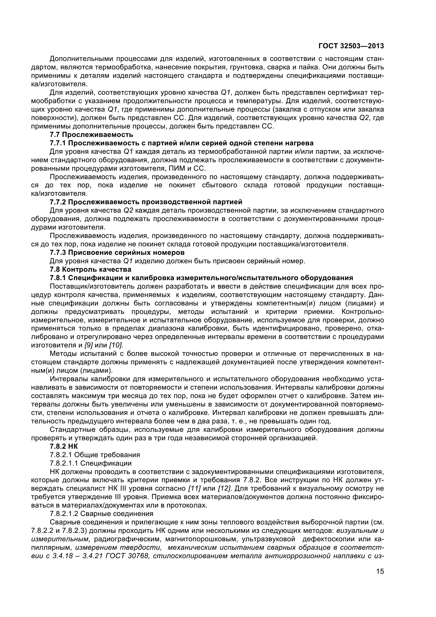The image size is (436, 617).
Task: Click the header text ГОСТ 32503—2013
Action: pyautogui.click(x=351, y=46)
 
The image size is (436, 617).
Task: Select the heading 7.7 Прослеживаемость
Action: pyautogui.click(x=91, y=134)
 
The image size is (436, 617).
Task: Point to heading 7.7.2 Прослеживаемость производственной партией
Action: pyautogui.click(x=146, y=202)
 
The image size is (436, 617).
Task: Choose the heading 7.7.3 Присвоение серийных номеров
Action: pyautogui.click(x=117, y=253)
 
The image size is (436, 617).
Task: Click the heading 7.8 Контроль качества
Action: pyautogui.click(x=90, y=269)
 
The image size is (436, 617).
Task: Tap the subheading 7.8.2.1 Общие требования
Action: pyautogui.click(x=95, y=455)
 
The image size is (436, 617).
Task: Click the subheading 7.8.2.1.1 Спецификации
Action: pyautogui.click(x=90, y=463)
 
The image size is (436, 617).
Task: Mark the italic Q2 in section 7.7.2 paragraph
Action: pyautogui.click(x=128, y=210)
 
